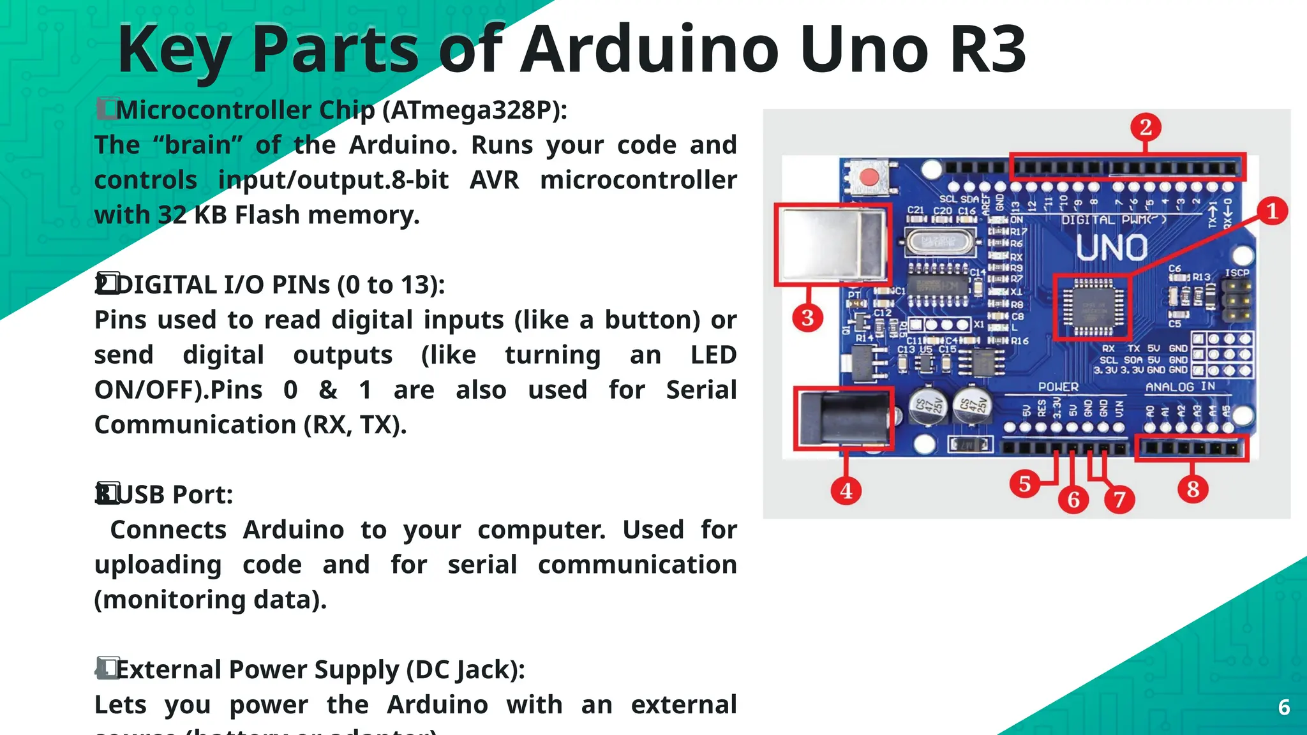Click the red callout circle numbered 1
tap(1271, 211)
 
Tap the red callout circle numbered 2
tap(1146, 127)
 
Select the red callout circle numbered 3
tap(807, 317)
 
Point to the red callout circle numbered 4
tap(846, 491)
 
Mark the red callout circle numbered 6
tap(1073, 499)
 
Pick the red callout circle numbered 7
tap(1119, 499)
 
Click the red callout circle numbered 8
tap(1193, 489)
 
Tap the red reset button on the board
tap(868, 177)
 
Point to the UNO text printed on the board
tap(1112, 248)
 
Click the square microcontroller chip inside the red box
tap(1092, 307)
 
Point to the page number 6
tap(1284, 707)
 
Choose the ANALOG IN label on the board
tap(1180, 387)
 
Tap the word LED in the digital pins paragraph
tap(713, 355)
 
